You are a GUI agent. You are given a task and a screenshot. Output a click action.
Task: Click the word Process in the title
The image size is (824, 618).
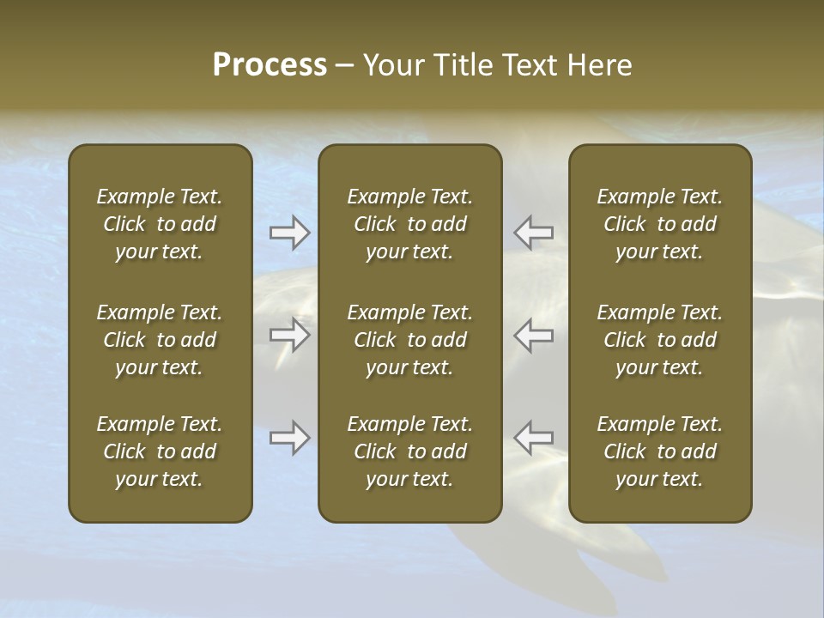pos(270,65)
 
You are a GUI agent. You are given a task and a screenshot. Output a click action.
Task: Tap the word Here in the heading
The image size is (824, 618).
pos(599,65)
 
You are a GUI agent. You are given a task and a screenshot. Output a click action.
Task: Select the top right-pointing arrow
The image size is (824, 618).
pos(289,233)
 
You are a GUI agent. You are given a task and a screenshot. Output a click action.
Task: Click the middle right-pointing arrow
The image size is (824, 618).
pos(289,335)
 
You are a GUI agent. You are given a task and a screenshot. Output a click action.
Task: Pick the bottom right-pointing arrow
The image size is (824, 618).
pos(289,438)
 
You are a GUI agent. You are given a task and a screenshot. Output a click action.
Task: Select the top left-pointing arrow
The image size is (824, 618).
pos(534,233)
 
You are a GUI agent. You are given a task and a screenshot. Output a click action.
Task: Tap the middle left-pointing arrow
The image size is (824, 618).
pos(534,335)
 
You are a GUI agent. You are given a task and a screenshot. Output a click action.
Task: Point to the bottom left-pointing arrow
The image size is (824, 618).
pos(534,438)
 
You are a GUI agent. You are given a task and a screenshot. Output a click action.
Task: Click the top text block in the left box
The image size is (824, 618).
pos(160,224)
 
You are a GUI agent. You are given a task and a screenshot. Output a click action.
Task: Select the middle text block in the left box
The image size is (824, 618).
pos(160,340)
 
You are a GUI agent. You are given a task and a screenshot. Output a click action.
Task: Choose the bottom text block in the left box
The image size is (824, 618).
pos(160,451)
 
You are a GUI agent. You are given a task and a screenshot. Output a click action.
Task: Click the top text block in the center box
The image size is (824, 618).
pos(410,224)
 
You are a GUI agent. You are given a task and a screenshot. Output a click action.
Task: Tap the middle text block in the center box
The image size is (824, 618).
pos(410,340)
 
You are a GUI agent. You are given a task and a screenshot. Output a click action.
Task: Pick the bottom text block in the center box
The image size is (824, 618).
pos(410,451)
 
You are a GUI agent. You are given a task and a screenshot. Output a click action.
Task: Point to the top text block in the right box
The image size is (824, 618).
pos(660,224)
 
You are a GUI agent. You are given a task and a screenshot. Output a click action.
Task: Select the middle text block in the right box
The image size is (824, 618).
pos(660,340)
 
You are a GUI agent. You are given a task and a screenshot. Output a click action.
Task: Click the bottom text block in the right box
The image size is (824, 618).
pos(660,451)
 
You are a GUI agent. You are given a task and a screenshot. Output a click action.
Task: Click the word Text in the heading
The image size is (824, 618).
pos(530,65)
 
